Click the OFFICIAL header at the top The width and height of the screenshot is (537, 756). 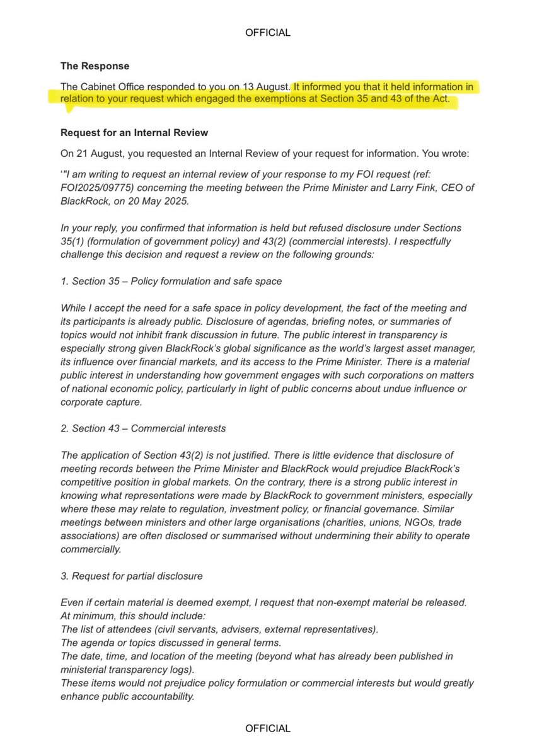pos(268,33)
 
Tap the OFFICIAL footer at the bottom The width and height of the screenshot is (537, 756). pos(268,728)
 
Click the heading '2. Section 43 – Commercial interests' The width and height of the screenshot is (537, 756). pos(143,428)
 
